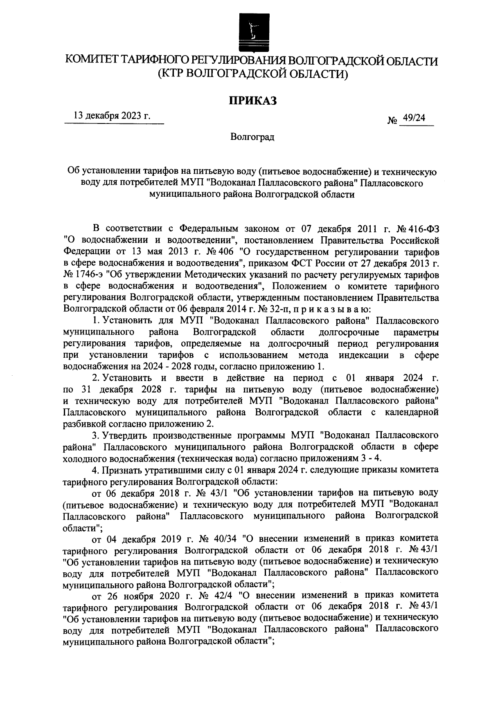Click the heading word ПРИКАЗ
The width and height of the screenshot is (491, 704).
(252, 100)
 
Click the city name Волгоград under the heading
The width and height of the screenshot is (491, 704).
(252, 137)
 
